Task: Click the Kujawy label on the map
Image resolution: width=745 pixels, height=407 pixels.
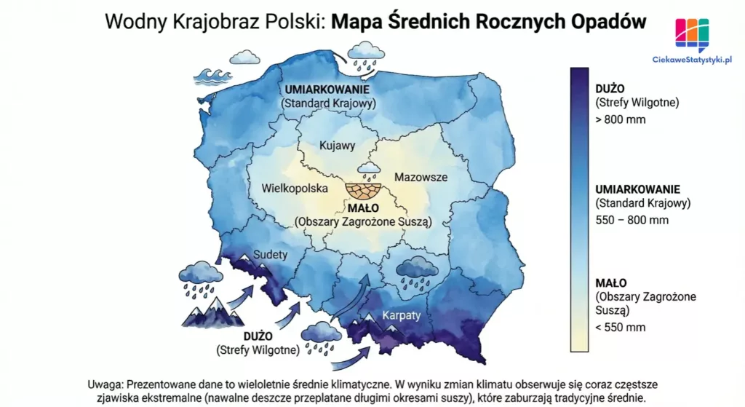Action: (x=337, y=146)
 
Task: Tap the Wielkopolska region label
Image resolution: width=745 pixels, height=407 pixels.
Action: (x=293, y=189)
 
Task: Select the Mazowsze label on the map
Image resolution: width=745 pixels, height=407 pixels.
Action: (x=421, y=177)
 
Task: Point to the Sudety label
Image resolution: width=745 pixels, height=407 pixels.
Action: (x=271, y=255)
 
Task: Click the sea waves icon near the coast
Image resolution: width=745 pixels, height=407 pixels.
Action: (x=213, y=76)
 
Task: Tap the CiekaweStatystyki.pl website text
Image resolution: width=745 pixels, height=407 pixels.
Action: (x=691, y=60)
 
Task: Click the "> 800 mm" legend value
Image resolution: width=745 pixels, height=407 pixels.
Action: (x=620, y=119)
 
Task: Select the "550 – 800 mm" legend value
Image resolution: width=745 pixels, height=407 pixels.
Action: (x=632, y=220)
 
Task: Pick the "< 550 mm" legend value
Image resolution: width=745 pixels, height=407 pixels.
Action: (x=620, y=327)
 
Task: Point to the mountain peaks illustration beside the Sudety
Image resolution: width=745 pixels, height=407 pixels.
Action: (x=209, y=315)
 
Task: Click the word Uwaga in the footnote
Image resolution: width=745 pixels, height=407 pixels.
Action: (x=104, y=384)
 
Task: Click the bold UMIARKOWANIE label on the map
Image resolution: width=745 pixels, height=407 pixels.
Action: (x=329, y=90)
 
